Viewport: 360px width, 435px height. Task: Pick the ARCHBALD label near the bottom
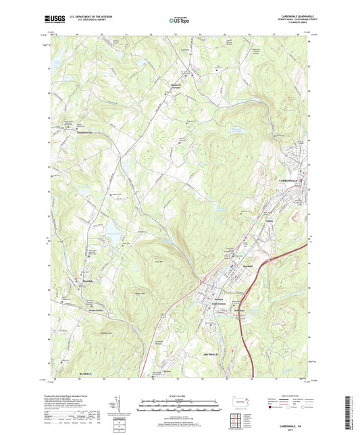point(212,354)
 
